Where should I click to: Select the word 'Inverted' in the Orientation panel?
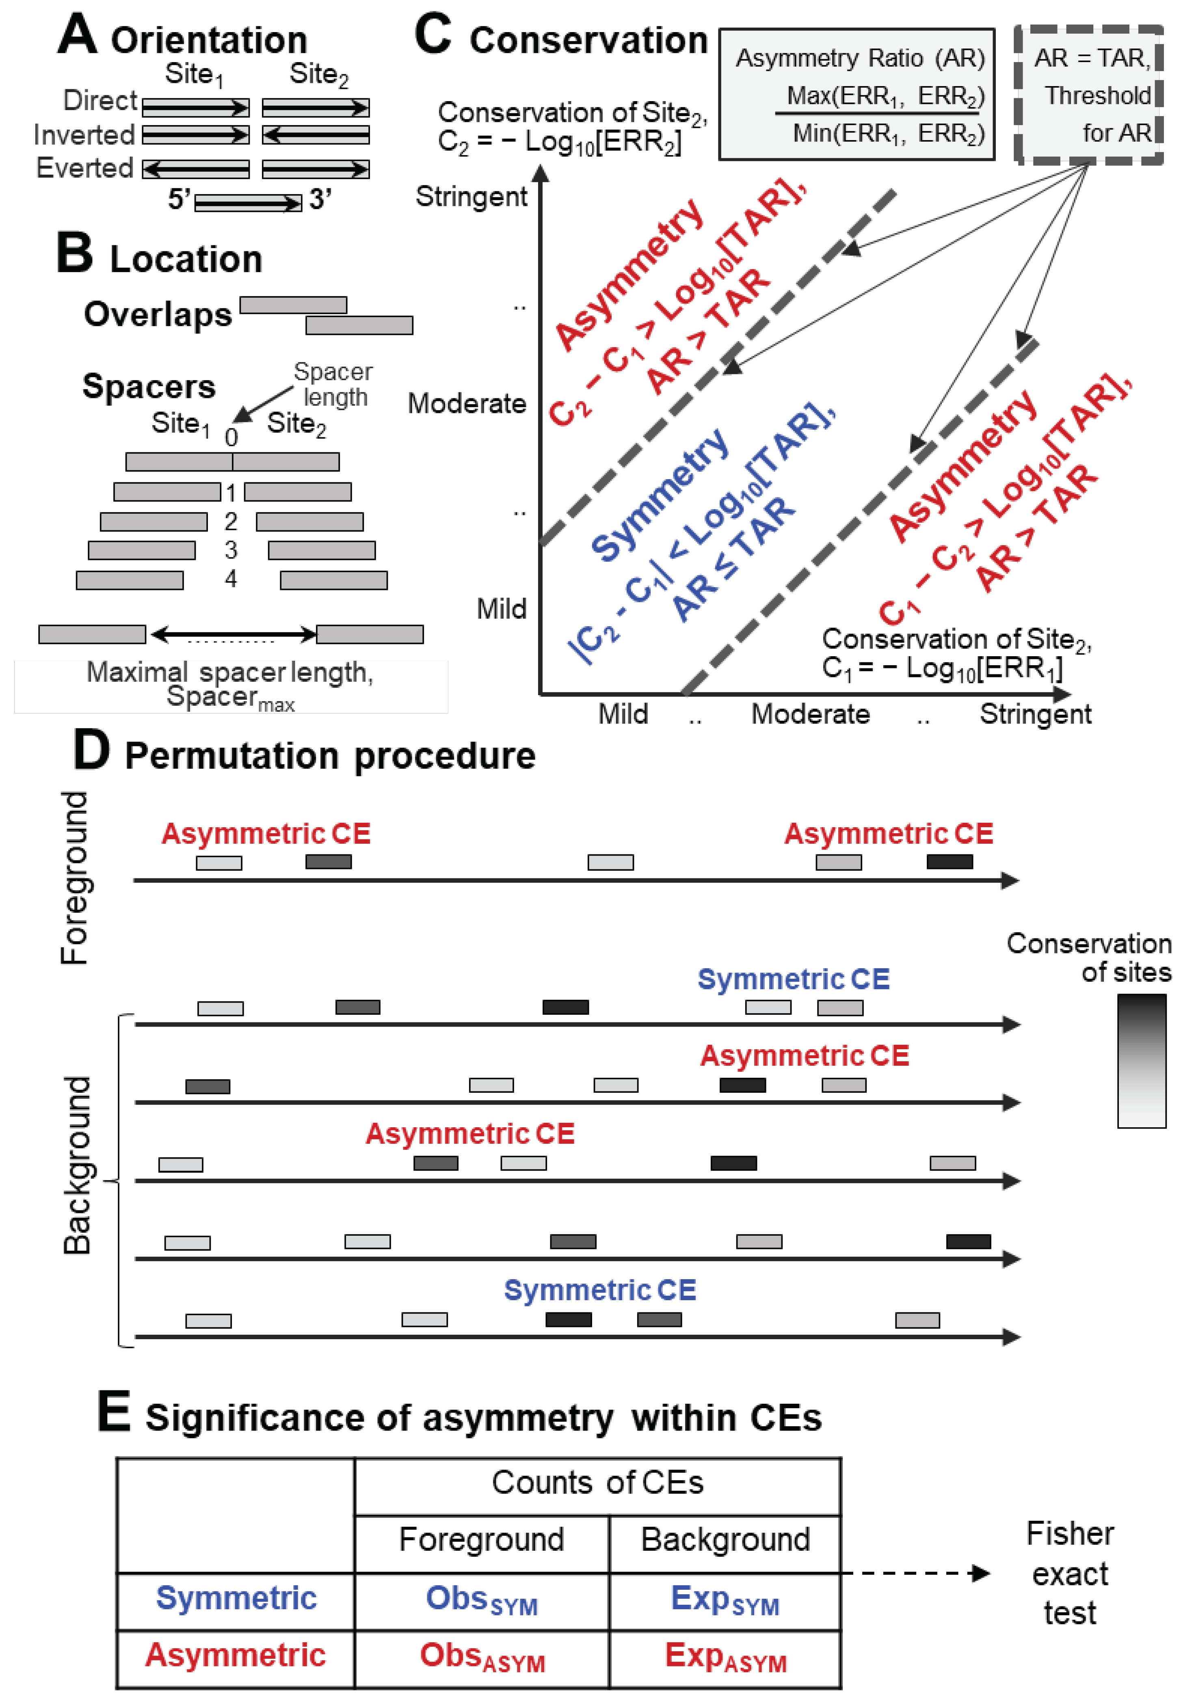[84, 135]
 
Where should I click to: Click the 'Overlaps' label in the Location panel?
[158, 314]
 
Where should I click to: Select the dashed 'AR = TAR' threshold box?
[1089, 95]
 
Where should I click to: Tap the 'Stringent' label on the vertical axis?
[472, 197]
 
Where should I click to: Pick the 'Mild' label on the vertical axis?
[501, 609]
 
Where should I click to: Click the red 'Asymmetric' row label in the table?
[235, 1656]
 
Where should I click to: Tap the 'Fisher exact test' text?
[1070, 1573]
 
